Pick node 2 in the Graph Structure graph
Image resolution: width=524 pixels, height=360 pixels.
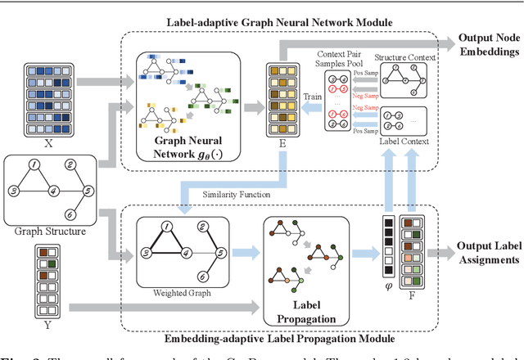click(71, 164)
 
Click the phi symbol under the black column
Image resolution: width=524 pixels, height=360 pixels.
click(388, 285)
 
